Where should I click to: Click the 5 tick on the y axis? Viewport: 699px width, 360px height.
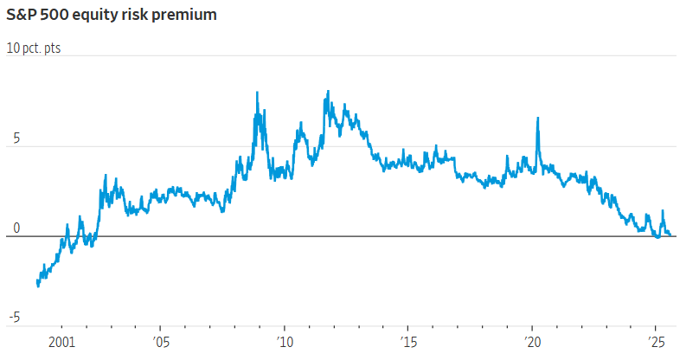(12, 139)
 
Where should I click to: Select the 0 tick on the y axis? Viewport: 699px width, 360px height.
(12, 229)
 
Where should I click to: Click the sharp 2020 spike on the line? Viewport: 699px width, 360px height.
(537, 119)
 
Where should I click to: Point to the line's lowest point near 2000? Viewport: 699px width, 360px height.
(38, 286)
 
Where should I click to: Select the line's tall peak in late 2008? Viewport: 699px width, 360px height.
(258, 93)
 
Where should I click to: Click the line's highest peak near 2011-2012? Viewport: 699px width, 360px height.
(328, 92)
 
